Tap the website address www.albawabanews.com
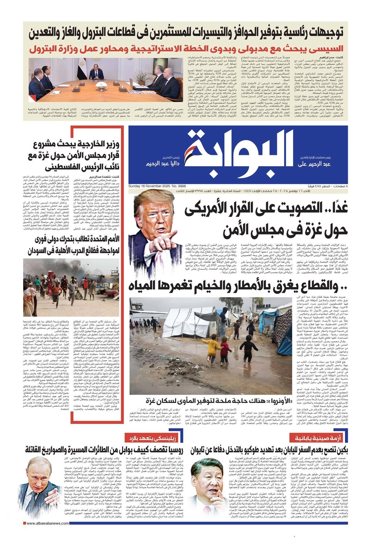tap(48, 532)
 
